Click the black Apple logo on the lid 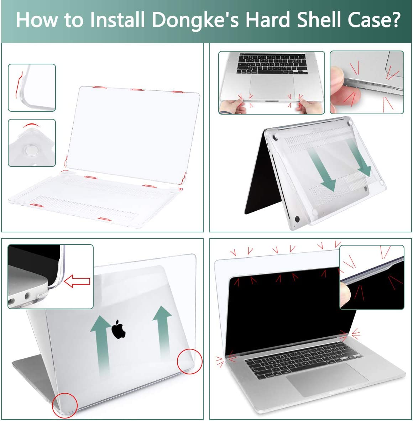coord(119,329)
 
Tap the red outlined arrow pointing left coord(77,281)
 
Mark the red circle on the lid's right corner coord(190,361)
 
